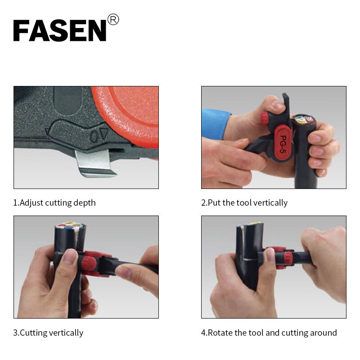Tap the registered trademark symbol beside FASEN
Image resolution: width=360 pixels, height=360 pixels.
[113, 19]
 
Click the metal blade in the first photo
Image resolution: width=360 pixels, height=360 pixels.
[95, 163]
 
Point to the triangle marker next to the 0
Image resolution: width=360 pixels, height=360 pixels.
[104, 134]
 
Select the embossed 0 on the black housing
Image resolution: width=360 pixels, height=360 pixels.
[94, 136]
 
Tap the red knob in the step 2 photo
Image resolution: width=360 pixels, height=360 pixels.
[265, 118]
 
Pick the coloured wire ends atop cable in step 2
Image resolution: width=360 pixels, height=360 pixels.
[303, 119]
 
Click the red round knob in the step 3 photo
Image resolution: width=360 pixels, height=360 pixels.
[88, 264]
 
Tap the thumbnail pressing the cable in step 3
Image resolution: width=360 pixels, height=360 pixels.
[70, 256]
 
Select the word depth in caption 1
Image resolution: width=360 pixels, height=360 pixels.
[84, 203]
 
